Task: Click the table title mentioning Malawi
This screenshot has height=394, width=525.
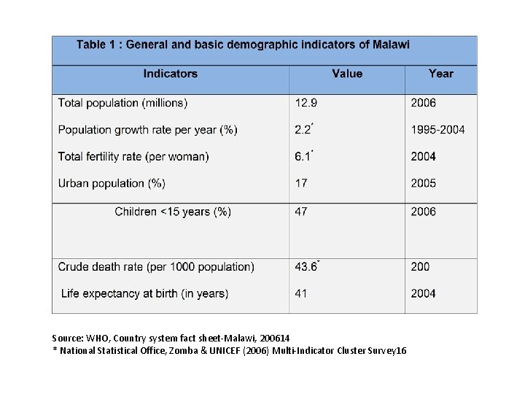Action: (244, 45)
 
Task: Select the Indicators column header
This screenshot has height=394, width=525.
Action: (170, 74)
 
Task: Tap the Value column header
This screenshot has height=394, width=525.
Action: (346, 74)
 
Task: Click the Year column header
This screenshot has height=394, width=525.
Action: (440, 74)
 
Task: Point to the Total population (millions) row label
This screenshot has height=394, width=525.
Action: (122, 103)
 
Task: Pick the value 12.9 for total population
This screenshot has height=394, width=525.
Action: (306, 103)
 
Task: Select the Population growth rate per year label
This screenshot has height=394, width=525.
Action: (147, 130)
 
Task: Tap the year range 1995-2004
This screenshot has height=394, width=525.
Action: (437, 130)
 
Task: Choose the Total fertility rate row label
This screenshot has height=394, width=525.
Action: (133, 157)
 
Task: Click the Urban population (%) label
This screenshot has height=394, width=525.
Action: (112, 182)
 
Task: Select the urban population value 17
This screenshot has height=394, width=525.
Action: (300, 182)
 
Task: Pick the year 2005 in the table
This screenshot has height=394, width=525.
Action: (423, 182)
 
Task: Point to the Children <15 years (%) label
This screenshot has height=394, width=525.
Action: (173, 212)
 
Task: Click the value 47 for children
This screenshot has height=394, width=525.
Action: (300, 212)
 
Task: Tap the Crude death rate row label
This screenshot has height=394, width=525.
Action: (156, 267)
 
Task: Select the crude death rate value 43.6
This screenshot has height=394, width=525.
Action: (306, 267)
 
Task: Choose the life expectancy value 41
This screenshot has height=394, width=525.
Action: (300, 293)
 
